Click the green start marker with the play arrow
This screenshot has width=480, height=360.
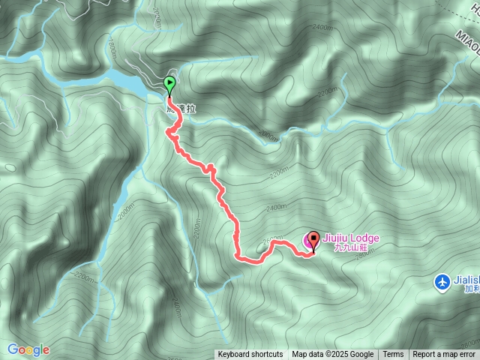(x=170, y=83)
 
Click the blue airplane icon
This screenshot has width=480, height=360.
(x=442, y=282)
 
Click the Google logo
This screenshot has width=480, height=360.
(x=28, y=349)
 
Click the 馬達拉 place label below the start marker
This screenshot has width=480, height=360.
(x=181, y=109)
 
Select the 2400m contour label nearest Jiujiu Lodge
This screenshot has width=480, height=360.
(x=276, y=206)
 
